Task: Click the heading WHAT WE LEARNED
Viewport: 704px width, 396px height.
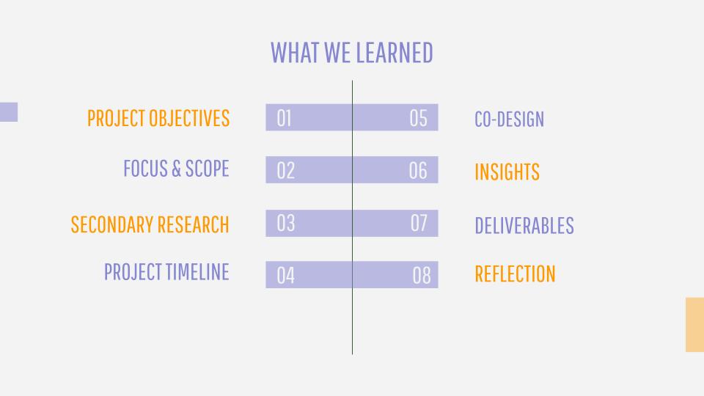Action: [351, 53]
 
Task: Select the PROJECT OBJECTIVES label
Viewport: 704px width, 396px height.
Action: [158, 118]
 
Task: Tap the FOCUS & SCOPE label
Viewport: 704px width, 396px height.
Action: [177, 169]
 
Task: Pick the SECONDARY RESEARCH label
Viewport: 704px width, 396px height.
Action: [150, 224]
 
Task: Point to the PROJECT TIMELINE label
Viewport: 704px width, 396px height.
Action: [166, 271]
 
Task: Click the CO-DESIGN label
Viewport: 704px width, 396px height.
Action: [509, 119]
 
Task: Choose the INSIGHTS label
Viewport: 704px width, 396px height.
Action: [507, 172]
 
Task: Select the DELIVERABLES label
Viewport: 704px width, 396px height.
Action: [524, 225]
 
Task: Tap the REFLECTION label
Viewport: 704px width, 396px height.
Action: [515, 274]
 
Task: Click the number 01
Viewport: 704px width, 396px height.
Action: [285, 118]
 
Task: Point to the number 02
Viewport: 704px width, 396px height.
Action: [285, 171]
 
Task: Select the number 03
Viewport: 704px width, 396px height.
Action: [285, 223]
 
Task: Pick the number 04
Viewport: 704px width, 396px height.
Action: [285, 275]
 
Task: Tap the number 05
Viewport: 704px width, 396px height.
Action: [418, 118]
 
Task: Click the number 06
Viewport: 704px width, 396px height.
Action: [418, 171]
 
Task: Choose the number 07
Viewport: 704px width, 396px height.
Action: [419, 223]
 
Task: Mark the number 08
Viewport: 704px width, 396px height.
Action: [422, 275]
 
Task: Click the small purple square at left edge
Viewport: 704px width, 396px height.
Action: [9, 111]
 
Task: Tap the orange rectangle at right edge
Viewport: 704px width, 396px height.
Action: [694, 324]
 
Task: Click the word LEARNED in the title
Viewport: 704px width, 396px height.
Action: [395, 53]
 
